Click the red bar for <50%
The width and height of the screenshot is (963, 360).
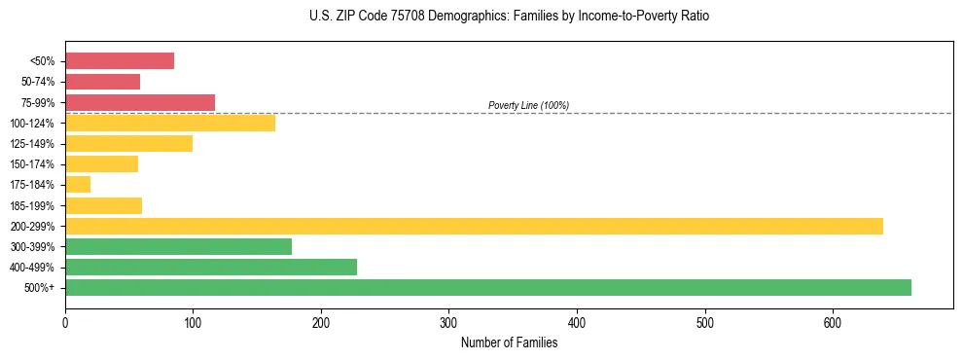[x=120, y=61]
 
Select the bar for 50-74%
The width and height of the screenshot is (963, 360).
[x=102, y=82]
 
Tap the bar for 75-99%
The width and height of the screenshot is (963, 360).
[x=140, y=102]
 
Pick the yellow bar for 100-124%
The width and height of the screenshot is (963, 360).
[x=170, y=123]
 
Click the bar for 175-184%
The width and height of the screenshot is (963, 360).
[x=78, y=185]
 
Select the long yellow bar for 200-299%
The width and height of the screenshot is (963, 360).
[x=474, y=226]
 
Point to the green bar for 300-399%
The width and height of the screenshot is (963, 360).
[x=178, y=246]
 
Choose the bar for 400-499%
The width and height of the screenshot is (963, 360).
[x=211, y=267]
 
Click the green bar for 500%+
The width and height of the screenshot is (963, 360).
[x=488, y=287]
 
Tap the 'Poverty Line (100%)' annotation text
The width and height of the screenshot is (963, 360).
[x=528, y=105]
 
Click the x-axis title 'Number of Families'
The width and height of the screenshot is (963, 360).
[x=509, y=342]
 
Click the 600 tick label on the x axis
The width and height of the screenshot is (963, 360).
[x=833, y=322]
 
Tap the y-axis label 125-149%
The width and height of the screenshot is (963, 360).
[x=33, y=144]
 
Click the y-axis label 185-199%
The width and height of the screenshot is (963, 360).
[x=33, y=205]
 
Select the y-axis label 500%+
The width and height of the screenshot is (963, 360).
[x=39, y=288]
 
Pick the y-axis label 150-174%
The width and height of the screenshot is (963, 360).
[x=33, y=164]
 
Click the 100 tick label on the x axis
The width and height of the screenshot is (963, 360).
[x=193, y=322]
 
